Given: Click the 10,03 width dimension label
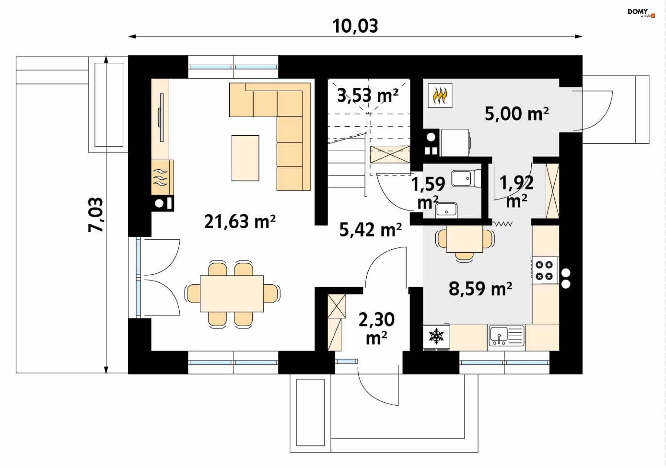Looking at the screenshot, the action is [x=355, y=26].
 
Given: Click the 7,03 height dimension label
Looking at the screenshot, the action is [x=96, y=215].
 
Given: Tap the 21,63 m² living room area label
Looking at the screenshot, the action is [x=240, y=221].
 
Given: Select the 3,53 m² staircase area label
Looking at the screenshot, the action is [x=368, y=95].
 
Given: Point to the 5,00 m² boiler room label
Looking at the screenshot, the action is [x=516, y=113].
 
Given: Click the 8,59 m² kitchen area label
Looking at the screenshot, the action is [x=480, y=288].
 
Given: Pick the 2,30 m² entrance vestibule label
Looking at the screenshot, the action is [x=377, y=328].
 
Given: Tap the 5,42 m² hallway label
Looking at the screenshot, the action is [x=370, y=229].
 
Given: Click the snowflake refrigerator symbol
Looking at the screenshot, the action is [x=436, y=336].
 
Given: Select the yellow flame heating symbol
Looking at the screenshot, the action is [x=440, y=96].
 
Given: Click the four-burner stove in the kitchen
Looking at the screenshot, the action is [x=544, y=270].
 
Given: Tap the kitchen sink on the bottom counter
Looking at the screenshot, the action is [x=506, y=336].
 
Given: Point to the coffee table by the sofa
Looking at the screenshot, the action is [x=245, y=158].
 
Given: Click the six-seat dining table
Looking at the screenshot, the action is [x=232, y=293].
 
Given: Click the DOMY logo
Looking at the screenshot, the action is [x=641, y=12].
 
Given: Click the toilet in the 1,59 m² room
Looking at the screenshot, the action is [x=467, y=178].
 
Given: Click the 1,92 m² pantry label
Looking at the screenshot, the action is [x=516, y=192].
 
